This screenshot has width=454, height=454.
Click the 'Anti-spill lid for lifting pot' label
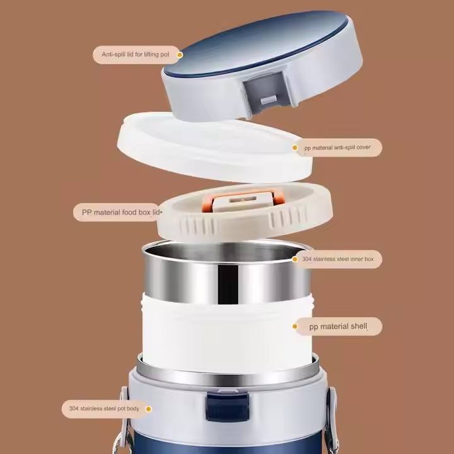pyautogui.click(x=135, y=55)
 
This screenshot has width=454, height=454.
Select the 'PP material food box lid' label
pyautogui.click(x=117, y=212)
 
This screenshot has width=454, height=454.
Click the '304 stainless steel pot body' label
pyautogui.click(x=103, y=409)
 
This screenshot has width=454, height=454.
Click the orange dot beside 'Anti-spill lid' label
pyautogui.click(x=179, y=55)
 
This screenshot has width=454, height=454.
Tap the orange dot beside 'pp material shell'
pyautogui.click(x=294, y=327)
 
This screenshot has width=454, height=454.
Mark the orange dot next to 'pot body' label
pyautogui.click(x=148, y=409)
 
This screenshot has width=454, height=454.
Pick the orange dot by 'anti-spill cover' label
pyautogui.click(x=295, y=148)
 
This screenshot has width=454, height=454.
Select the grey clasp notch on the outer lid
pyautogui.click(x=267, y=95)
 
